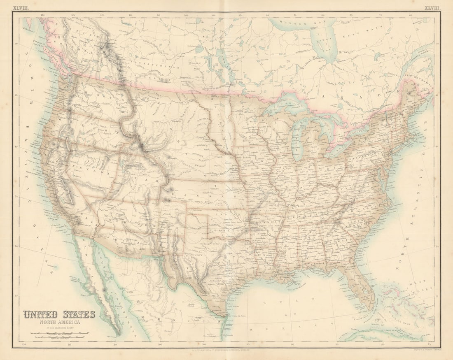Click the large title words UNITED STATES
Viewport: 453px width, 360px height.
(59, 315)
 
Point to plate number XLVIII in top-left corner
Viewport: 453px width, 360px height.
(21, 8)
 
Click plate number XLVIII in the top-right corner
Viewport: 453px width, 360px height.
(432, 8)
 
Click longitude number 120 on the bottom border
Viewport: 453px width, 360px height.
(24, 344)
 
